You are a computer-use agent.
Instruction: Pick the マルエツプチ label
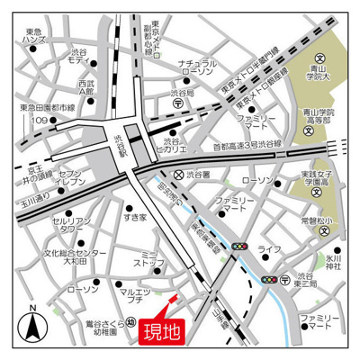[x=139, y=293]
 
